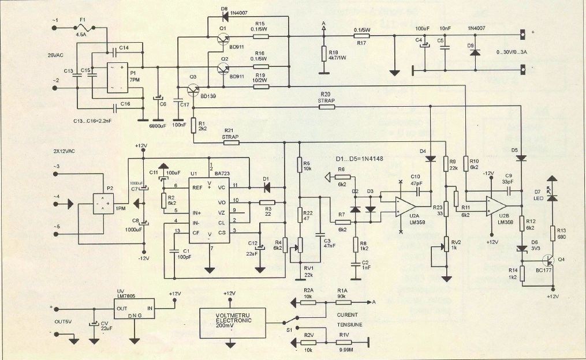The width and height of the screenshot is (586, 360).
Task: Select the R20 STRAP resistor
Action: (x=326, y=107)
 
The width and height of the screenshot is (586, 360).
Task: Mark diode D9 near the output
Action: (x=475, y=52)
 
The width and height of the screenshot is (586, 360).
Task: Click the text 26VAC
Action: (x=57, y=56)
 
